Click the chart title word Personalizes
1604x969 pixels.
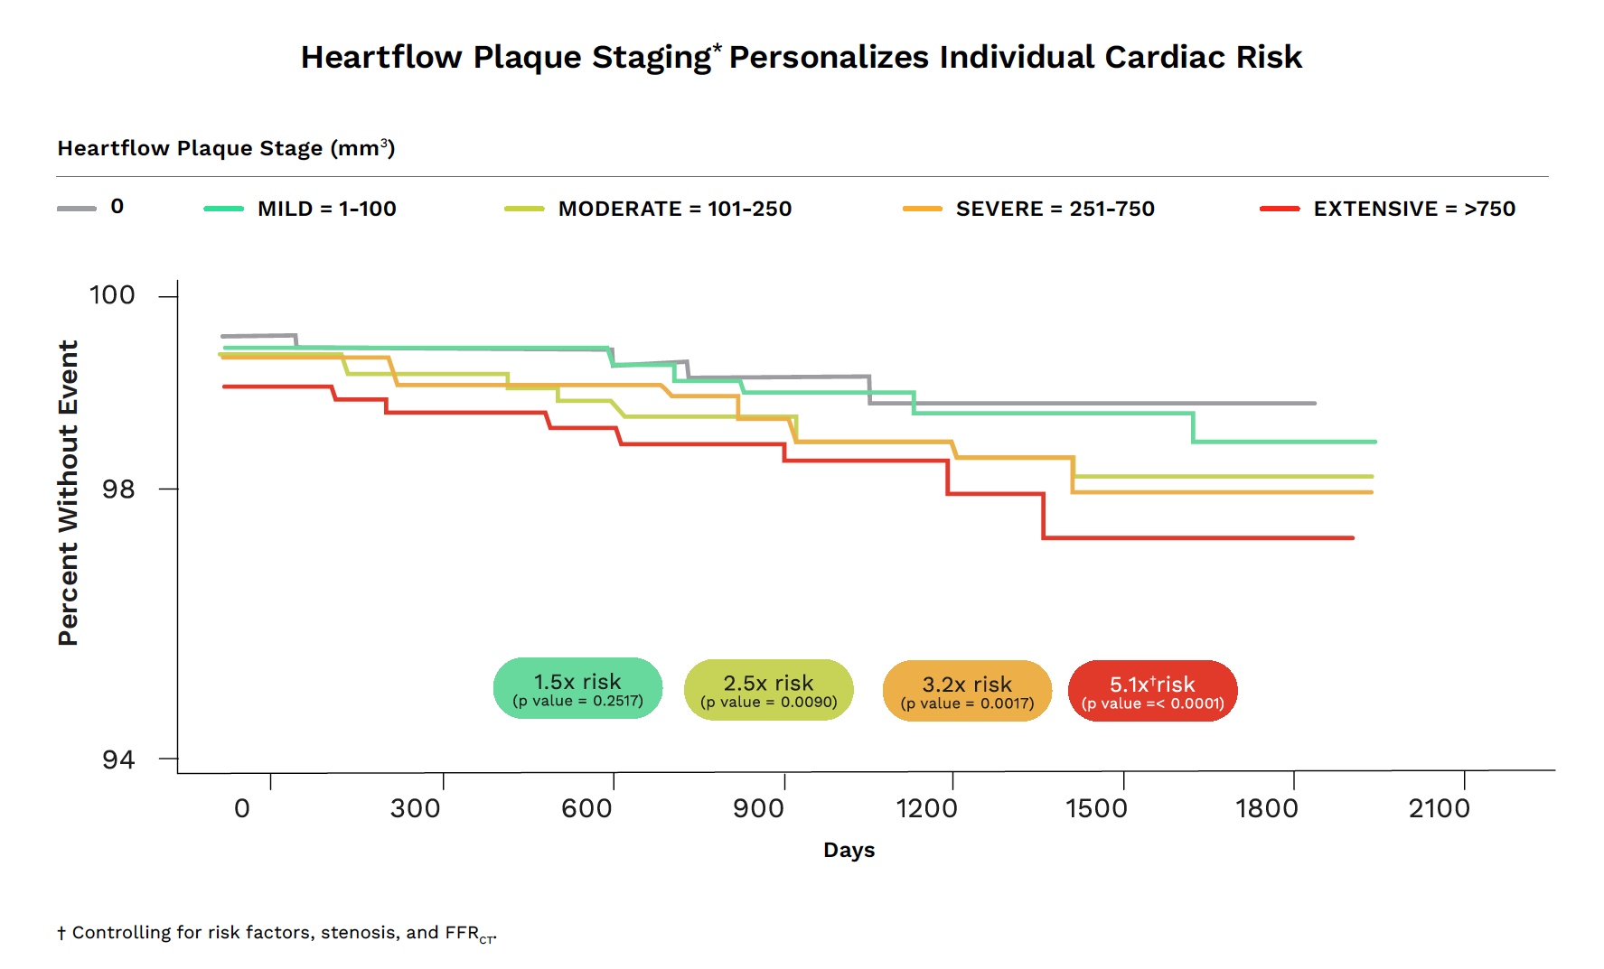829,57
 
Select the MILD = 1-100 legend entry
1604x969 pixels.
326,209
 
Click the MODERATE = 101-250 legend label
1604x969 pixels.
674,209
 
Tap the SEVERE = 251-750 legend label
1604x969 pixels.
1055,209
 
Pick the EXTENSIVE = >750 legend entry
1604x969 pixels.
1413,209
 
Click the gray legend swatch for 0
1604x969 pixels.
77,209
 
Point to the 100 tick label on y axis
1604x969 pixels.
112,295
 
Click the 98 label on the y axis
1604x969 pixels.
117,489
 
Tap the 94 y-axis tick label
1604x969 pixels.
117,759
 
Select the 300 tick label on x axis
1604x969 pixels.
415,808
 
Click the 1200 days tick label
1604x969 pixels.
926,808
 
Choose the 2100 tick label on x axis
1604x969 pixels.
1439,808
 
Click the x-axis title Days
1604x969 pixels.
849,850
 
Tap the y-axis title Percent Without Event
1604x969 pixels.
69,493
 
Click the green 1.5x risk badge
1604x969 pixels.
577,688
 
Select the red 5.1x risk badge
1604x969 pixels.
1152,691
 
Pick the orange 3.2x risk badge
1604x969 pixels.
967,691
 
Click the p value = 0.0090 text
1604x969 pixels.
768,703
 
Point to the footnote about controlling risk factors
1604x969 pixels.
277,933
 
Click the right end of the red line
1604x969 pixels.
1352,538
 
